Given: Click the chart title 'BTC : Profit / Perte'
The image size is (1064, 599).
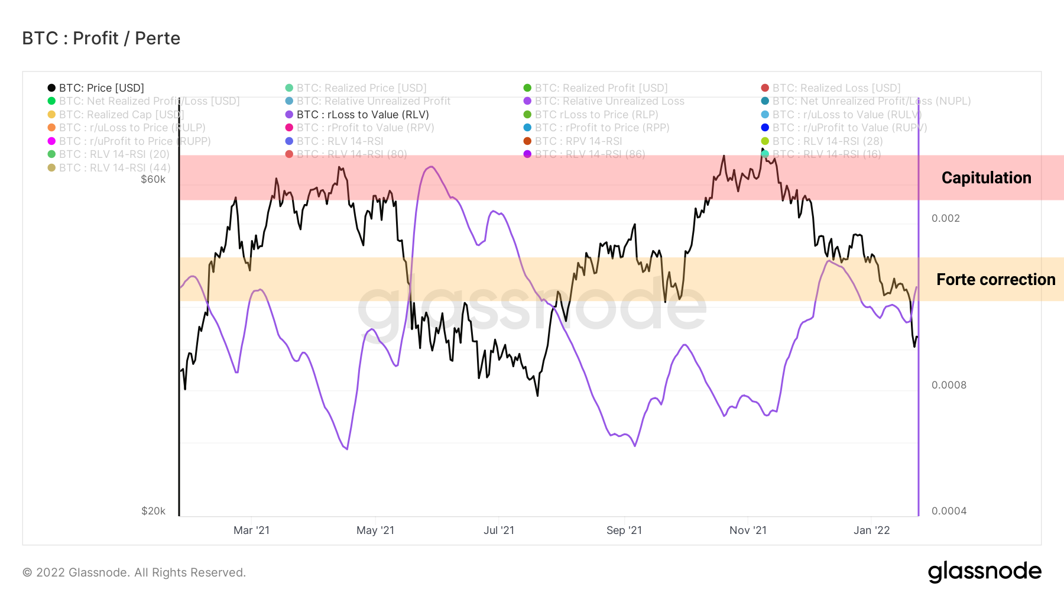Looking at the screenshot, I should click(x=101, y=38).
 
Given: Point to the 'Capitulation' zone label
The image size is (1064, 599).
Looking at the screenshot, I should click(x=986, y=178).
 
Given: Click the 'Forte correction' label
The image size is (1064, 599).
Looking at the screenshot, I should click(x=995, y=280).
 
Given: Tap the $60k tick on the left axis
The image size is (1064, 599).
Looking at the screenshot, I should click(x=153, y=180).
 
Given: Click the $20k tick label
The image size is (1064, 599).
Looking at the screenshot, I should click(x=153, y=511).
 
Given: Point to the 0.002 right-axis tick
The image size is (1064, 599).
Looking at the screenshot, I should click(x=945, y=218).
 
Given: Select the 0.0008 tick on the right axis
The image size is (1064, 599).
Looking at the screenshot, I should click(x=949, y=385).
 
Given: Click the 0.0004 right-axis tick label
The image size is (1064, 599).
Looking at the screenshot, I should click(x=949, y=511).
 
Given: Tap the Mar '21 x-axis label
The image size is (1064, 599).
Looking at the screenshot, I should click(x=251, y=530).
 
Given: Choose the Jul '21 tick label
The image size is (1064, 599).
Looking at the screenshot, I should click(x=499, y=530).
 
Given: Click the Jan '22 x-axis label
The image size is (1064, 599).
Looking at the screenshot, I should click(x=871, y=530).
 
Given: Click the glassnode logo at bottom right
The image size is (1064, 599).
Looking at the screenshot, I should click(x=984, y=572).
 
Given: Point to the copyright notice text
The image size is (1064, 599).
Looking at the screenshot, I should click(x=134, y=572).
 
